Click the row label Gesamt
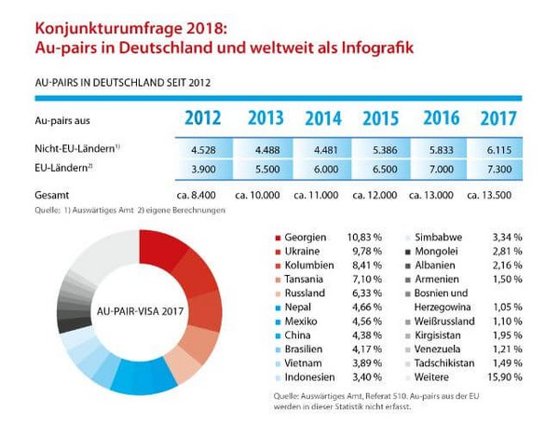pos(51,197)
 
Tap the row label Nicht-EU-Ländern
pos(71,149)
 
